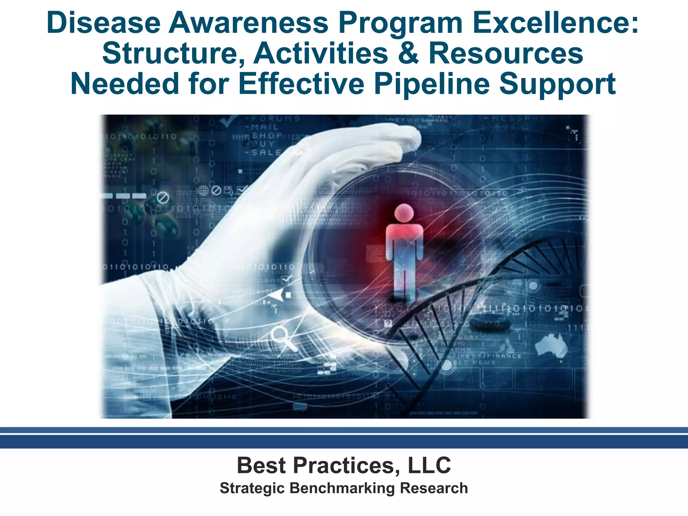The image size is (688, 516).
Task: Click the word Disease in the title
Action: point(103,23)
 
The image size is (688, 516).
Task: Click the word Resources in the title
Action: point(506,53)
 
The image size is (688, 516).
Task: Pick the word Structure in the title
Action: point(173,53)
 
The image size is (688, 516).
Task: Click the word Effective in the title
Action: point(301,84)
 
